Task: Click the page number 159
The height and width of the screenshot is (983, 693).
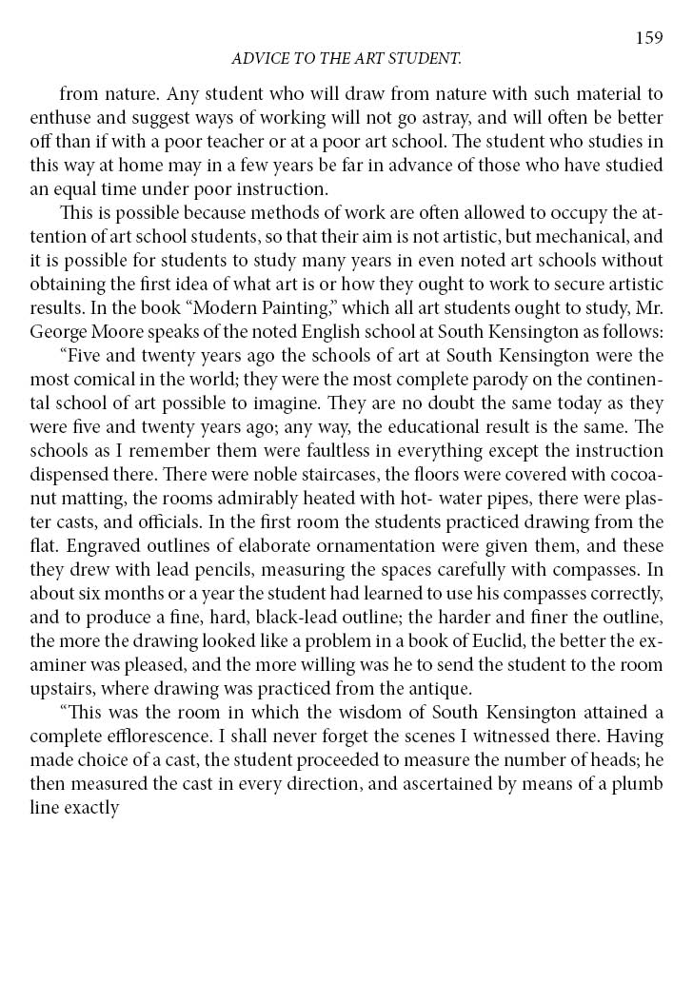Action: coord(648,37)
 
